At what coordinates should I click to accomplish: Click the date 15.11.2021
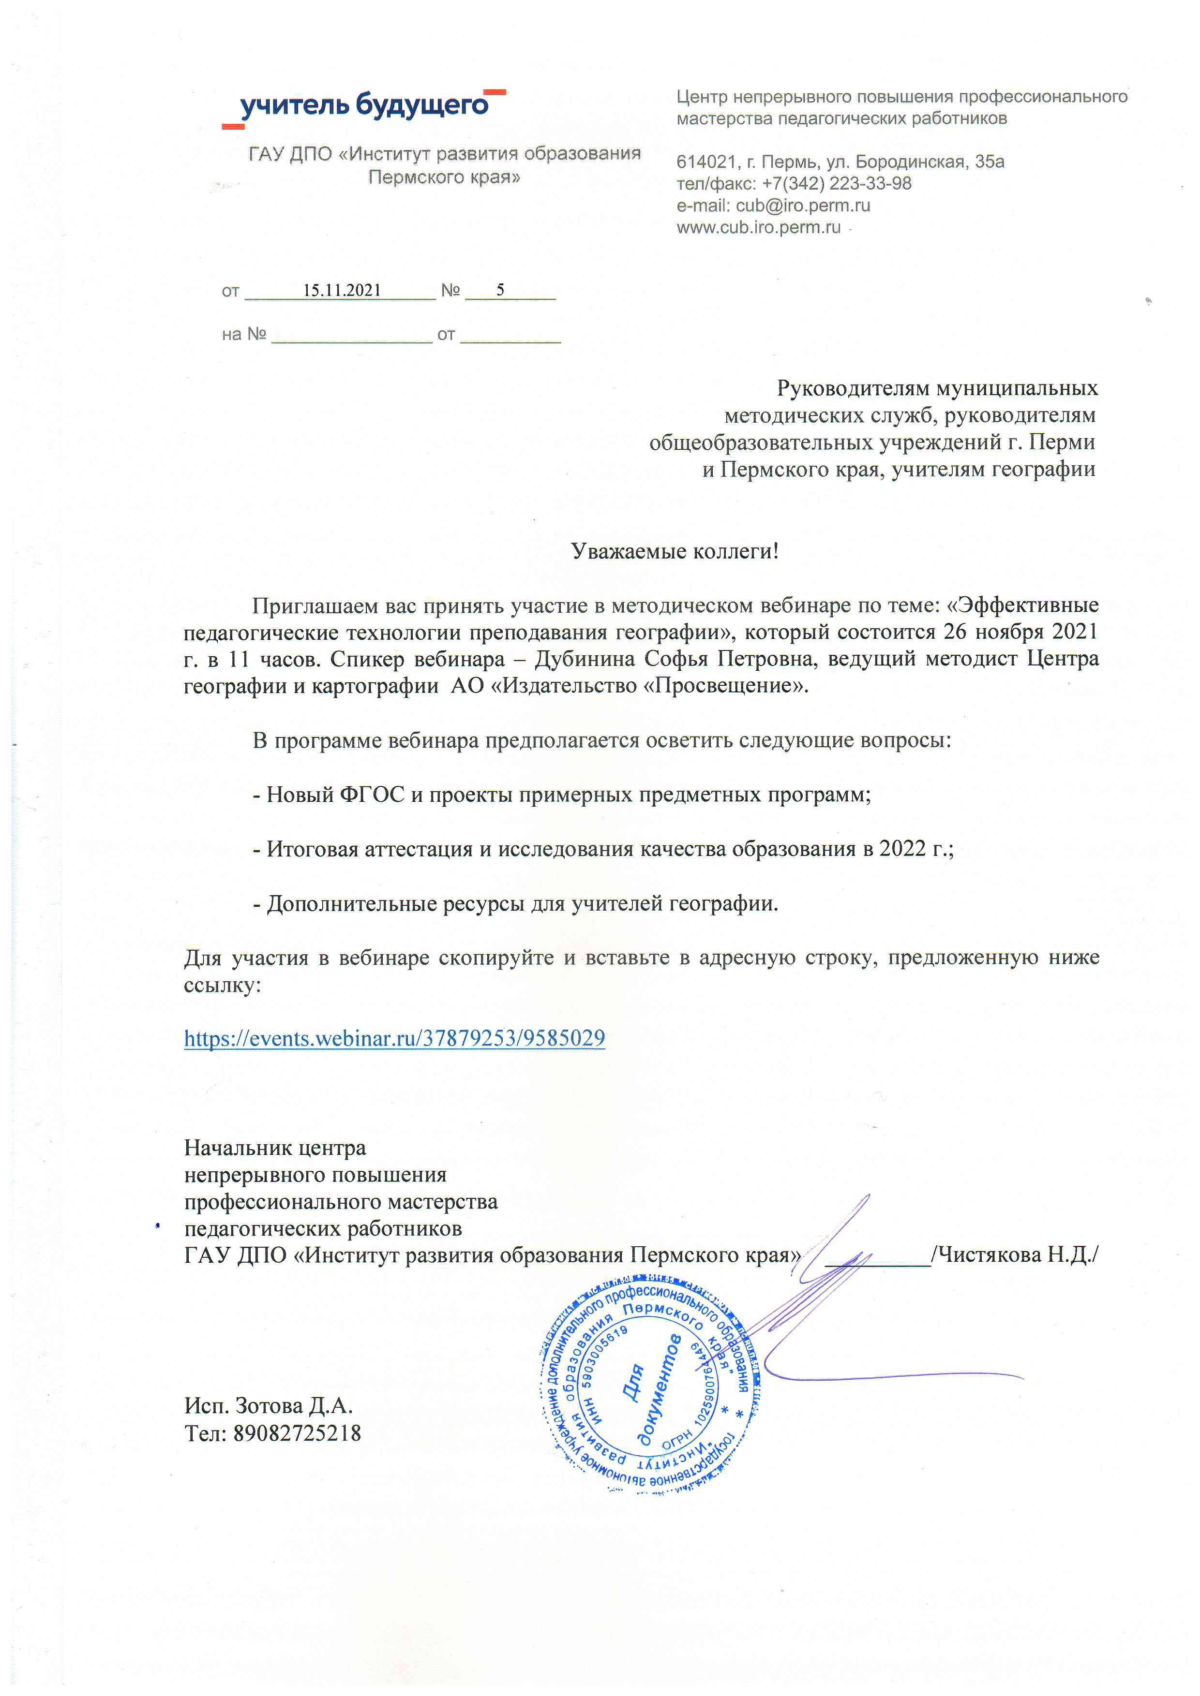(x=342, y=290)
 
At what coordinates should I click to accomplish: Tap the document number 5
(x=500, y=290)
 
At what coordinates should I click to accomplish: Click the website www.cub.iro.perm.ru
(x=758, y=227)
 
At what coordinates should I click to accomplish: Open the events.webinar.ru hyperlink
(x=394, y=1038)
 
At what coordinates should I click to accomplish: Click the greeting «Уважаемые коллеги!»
(x=675, y=551)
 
